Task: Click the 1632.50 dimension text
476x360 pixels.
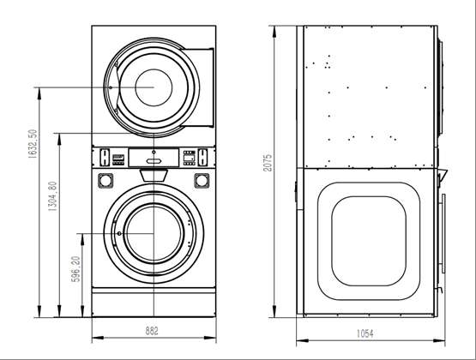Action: [33, 144]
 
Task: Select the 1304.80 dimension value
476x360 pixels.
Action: [52, 196]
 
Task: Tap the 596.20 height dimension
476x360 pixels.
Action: [75, 269]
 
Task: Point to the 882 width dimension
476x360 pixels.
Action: [152, 331]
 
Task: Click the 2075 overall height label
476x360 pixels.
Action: [268, 163]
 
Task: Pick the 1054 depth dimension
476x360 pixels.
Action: [365, 333]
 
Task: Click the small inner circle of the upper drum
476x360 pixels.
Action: [154, 87]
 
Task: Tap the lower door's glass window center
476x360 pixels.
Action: [154, 233]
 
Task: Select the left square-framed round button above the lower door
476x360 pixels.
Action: [105, 181]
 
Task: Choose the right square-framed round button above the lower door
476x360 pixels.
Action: [202, 181]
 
